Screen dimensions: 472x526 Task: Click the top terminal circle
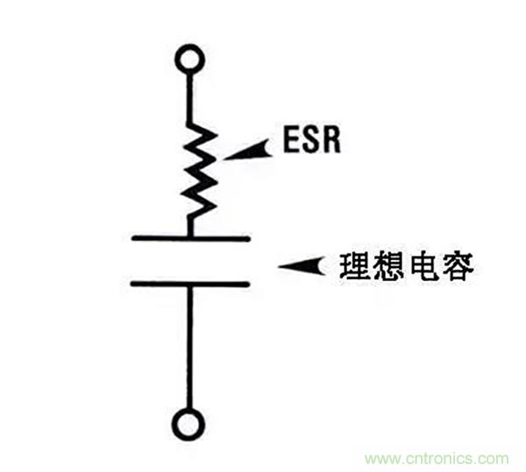tap(189, 60)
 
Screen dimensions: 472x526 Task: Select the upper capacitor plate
tap(190, 237)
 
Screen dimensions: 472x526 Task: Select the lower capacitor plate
tap(190, 283)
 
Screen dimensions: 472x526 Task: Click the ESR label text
tap(311, 140)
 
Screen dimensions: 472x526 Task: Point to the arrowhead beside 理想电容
tap(302, 264)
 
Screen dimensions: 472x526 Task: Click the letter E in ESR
tap(289, 140)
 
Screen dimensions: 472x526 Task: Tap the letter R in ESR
tap(334, 140)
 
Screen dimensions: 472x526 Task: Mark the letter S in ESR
tap(311, 140)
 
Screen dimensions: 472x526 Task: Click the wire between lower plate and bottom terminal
tap(189, 350)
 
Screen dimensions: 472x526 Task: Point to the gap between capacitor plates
tap(190, 260)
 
